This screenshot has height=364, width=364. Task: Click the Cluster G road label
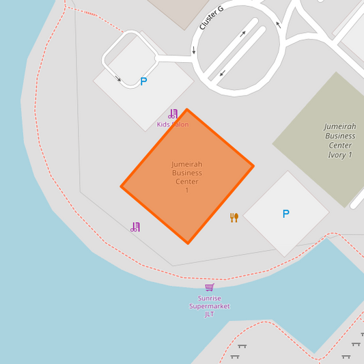coord(211,18)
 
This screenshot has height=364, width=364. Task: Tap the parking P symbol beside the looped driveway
coord(143,81)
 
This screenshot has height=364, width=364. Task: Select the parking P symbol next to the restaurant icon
coord(285,214)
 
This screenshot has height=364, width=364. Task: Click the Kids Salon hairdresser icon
coord(173,114)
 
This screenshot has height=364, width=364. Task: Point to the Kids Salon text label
coord(173,124)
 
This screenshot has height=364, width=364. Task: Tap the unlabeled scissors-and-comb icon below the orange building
coord(135,227)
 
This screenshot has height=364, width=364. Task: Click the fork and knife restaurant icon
coord(234,217)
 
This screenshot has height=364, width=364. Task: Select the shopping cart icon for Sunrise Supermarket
coord(209,288)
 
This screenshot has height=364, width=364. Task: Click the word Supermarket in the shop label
coord(210,306)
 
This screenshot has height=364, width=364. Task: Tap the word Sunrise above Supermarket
coord(210,298)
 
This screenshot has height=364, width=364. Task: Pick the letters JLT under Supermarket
coord(210,314)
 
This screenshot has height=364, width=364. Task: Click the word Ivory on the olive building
coord(337,155)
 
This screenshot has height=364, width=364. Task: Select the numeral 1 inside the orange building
coord(186,190)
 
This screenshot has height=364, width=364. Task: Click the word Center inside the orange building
coord(186,182)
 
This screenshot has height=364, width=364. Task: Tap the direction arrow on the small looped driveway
coord(119,79)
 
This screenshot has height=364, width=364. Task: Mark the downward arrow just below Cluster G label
coord(193,50)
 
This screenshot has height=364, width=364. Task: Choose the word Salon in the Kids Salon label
coord(180,124)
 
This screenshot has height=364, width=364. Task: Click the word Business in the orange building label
coord(186,173)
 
